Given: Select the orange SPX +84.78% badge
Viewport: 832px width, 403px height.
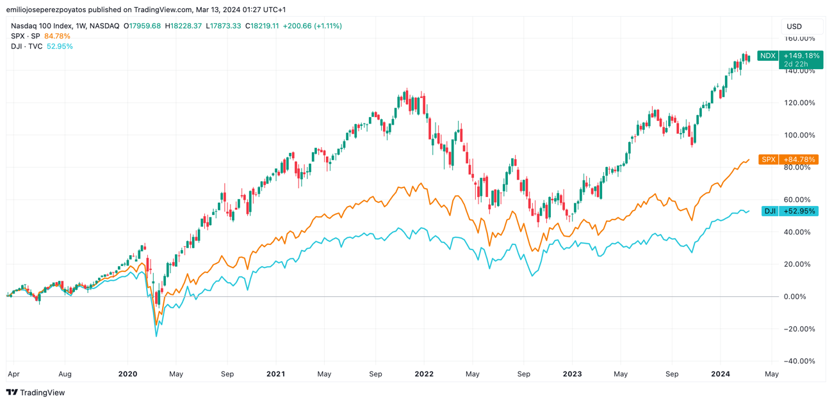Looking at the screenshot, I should [788, 159].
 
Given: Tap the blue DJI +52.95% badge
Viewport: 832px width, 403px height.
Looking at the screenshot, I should [789, 211].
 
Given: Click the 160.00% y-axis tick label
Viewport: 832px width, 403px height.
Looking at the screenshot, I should [799, 38].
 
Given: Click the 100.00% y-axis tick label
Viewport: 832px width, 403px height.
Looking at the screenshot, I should [799, 136].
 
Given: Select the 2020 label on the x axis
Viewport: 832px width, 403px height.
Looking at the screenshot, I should [128, 374].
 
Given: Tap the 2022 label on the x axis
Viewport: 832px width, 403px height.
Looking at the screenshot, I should [424, 374].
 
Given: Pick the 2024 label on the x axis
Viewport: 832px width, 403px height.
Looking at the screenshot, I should [721, 374].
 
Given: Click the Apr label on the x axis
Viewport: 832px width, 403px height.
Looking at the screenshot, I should [13, 374].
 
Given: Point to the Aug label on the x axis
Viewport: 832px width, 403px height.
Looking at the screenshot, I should [65, 374].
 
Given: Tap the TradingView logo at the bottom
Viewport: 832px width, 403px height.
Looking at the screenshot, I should [36, 393].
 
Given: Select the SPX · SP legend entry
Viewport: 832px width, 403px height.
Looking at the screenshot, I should [26, 36].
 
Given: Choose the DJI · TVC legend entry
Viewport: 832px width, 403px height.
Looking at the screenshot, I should [27, 47].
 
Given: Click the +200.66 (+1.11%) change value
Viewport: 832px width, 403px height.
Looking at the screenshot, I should [313, 26].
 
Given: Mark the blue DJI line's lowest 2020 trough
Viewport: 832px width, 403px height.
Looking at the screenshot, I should [156, 336].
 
